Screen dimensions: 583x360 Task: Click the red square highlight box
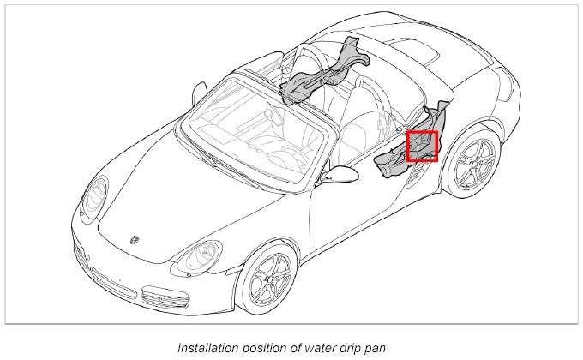pyautogui.click(x=422, y=146)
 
